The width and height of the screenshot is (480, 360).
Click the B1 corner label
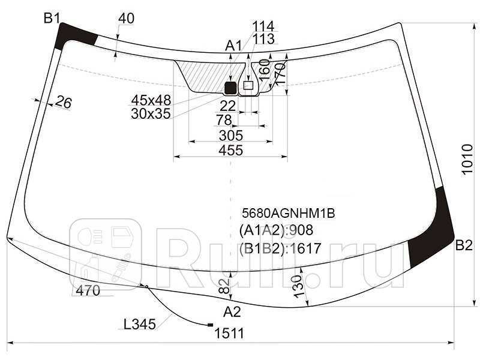pyautogui.click(x=52, y=18)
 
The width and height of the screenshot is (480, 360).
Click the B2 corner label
pyautogui.click(x=464, y=245)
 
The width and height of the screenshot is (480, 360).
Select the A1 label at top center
pyautogui.click(x=233, y=45)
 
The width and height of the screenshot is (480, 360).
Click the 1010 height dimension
pyautogui.click(x=469, y=160)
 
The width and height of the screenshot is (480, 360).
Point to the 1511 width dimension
pyautogui.click(x=230, y=334)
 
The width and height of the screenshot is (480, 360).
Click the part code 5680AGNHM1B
pyautogui.click(x=287, y=212)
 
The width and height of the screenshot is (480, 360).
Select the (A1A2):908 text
pyautogui.click(x=276, y=230)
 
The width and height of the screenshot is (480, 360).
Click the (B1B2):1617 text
pyautogui.click(x=280, y=248)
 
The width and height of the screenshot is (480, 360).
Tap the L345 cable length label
pyautogui.click(x=139, y=325)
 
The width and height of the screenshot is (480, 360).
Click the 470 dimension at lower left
pyautogui.click(x=88, y=291)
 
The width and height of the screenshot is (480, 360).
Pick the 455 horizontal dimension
pyautogui.click(x=230, y=151)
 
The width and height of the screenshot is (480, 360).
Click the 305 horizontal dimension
pyautogui.click(x=230, y=135)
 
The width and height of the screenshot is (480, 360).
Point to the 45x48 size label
pyautogui.click(x=151, y=100)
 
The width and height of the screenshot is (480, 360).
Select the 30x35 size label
pyautogui.click(x=151, y=113)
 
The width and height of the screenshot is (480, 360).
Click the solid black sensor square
pyautogui.click(x=230, y=88)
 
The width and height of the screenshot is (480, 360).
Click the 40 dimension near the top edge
pyautogui.click(x=126, y=19)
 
